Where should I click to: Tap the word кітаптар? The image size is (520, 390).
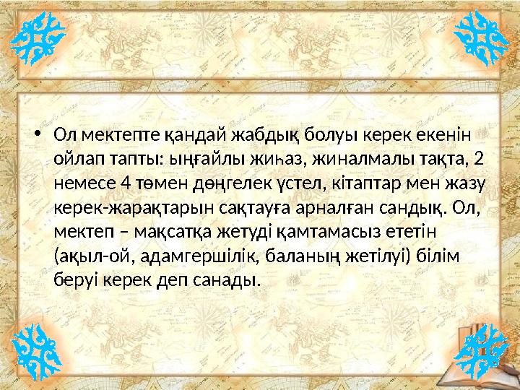point(329,183)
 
